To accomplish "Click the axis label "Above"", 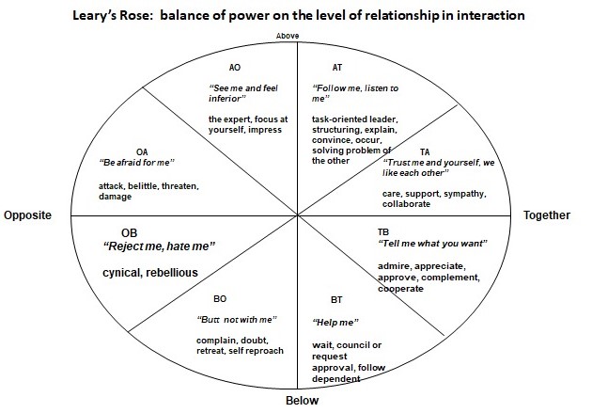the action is [288, 36].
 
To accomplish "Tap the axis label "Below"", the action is [302, 401].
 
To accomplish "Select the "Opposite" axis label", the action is [27, 215].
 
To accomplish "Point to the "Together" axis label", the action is [547, 215].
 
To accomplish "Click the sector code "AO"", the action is [235, 67].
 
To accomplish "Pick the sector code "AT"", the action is [337, 67].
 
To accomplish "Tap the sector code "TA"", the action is [425, 151].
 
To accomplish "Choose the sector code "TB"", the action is [383, 232].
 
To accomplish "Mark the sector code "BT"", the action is [336, 300].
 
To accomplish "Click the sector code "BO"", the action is [220, 299].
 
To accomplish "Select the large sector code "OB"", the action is [129, 233].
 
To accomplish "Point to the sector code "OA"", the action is [142, 152].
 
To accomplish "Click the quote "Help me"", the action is [335, 323].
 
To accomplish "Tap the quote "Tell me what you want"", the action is [432, 244].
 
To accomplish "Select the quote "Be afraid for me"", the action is [136, 163].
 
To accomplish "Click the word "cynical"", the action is [122, 273].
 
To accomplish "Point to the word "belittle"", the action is [144, 186].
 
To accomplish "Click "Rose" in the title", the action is [137, 15].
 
